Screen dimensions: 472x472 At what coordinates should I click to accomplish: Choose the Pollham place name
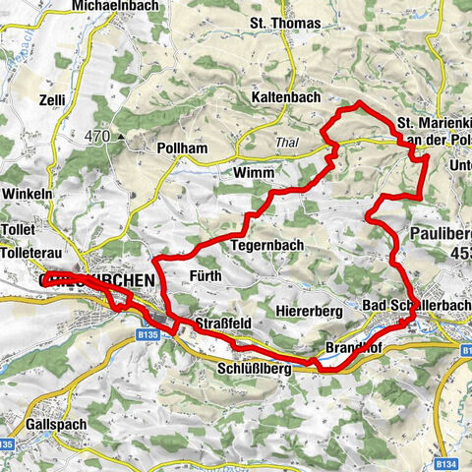(x=180, y=147)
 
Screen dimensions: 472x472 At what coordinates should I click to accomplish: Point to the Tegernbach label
(x=266, y=245)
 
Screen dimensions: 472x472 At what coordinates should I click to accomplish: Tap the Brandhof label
(x=351, y=349)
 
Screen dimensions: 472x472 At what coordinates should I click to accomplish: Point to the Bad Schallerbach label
(x=416, y=306)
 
